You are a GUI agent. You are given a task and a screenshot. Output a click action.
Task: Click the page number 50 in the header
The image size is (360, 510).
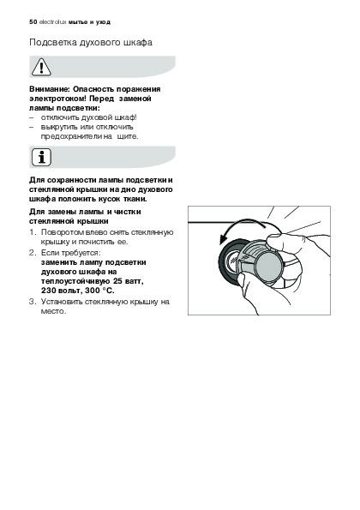coord(33,22)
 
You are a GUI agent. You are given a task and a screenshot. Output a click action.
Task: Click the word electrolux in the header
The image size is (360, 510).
coord(52,22)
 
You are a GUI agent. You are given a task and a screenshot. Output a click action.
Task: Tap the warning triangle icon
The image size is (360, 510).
coord(41,67)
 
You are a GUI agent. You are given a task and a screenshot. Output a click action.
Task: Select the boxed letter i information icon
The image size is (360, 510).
coord(41,158)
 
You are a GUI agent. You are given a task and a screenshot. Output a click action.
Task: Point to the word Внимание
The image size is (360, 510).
coord(50,89)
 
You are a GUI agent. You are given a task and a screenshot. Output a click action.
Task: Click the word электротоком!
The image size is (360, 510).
coord(57,99)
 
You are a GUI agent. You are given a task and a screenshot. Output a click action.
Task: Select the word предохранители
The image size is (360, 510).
coord(71,136)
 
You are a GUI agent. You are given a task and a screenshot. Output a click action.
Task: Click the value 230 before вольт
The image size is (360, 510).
coord(47,291)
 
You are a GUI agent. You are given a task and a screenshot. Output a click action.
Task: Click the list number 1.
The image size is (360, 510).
coord(32,232)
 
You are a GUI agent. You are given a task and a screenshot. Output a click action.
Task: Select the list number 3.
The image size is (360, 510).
coord(32,302)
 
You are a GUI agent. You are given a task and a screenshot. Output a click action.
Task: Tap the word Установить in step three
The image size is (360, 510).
coord(62,302)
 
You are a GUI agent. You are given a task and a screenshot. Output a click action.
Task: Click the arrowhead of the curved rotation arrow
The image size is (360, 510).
coord(225,238)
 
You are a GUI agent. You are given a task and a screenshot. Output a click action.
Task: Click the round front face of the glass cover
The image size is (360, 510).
coord(269,267)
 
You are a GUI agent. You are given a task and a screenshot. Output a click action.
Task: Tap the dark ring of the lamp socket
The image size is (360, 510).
coord(224,261)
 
